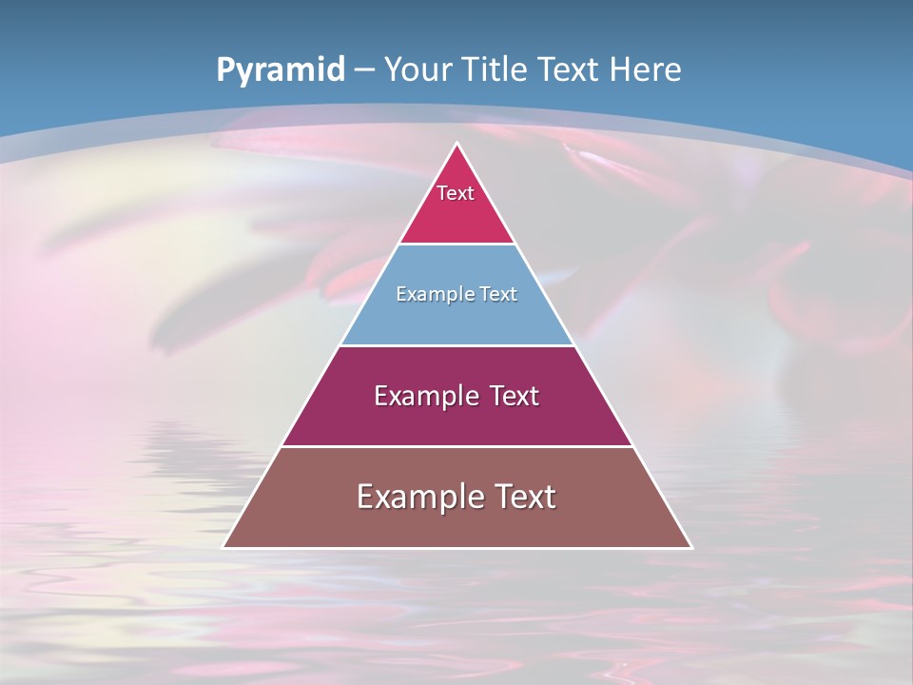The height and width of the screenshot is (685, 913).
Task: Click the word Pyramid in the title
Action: (x=280, y=70)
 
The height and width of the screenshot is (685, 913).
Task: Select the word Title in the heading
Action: (x=495, y=69)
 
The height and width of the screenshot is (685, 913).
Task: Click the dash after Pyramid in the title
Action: (x=364, y=70)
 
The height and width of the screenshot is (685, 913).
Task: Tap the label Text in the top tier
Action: (x=456, y=193)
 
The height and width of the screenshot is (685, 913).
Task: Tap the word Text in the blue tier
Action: (x=497, y=294)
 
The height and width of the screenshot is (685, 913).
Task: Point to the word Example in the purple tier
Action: (x=418, y=396)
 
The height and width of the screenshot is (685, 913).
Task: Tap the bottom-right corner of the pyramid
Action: (x=690, y=547)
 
